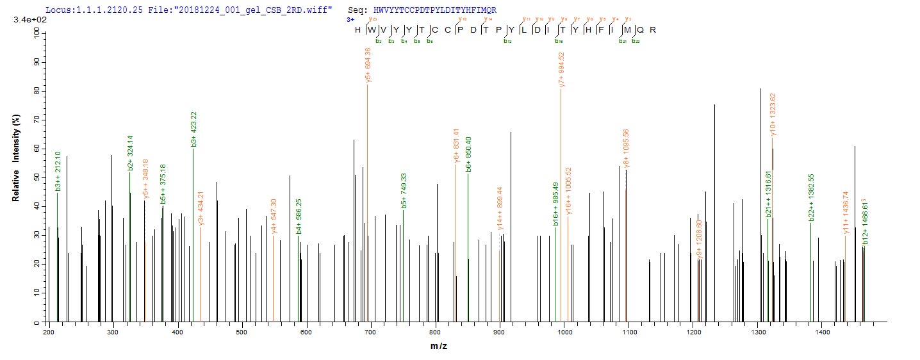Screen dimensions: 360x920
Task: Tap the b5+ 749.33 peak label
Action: [404, 191]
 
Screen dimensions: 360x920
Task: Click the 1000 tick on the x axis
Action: [564, 331]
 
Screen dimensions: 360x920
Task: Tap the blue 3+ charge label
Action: [350, 20]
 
